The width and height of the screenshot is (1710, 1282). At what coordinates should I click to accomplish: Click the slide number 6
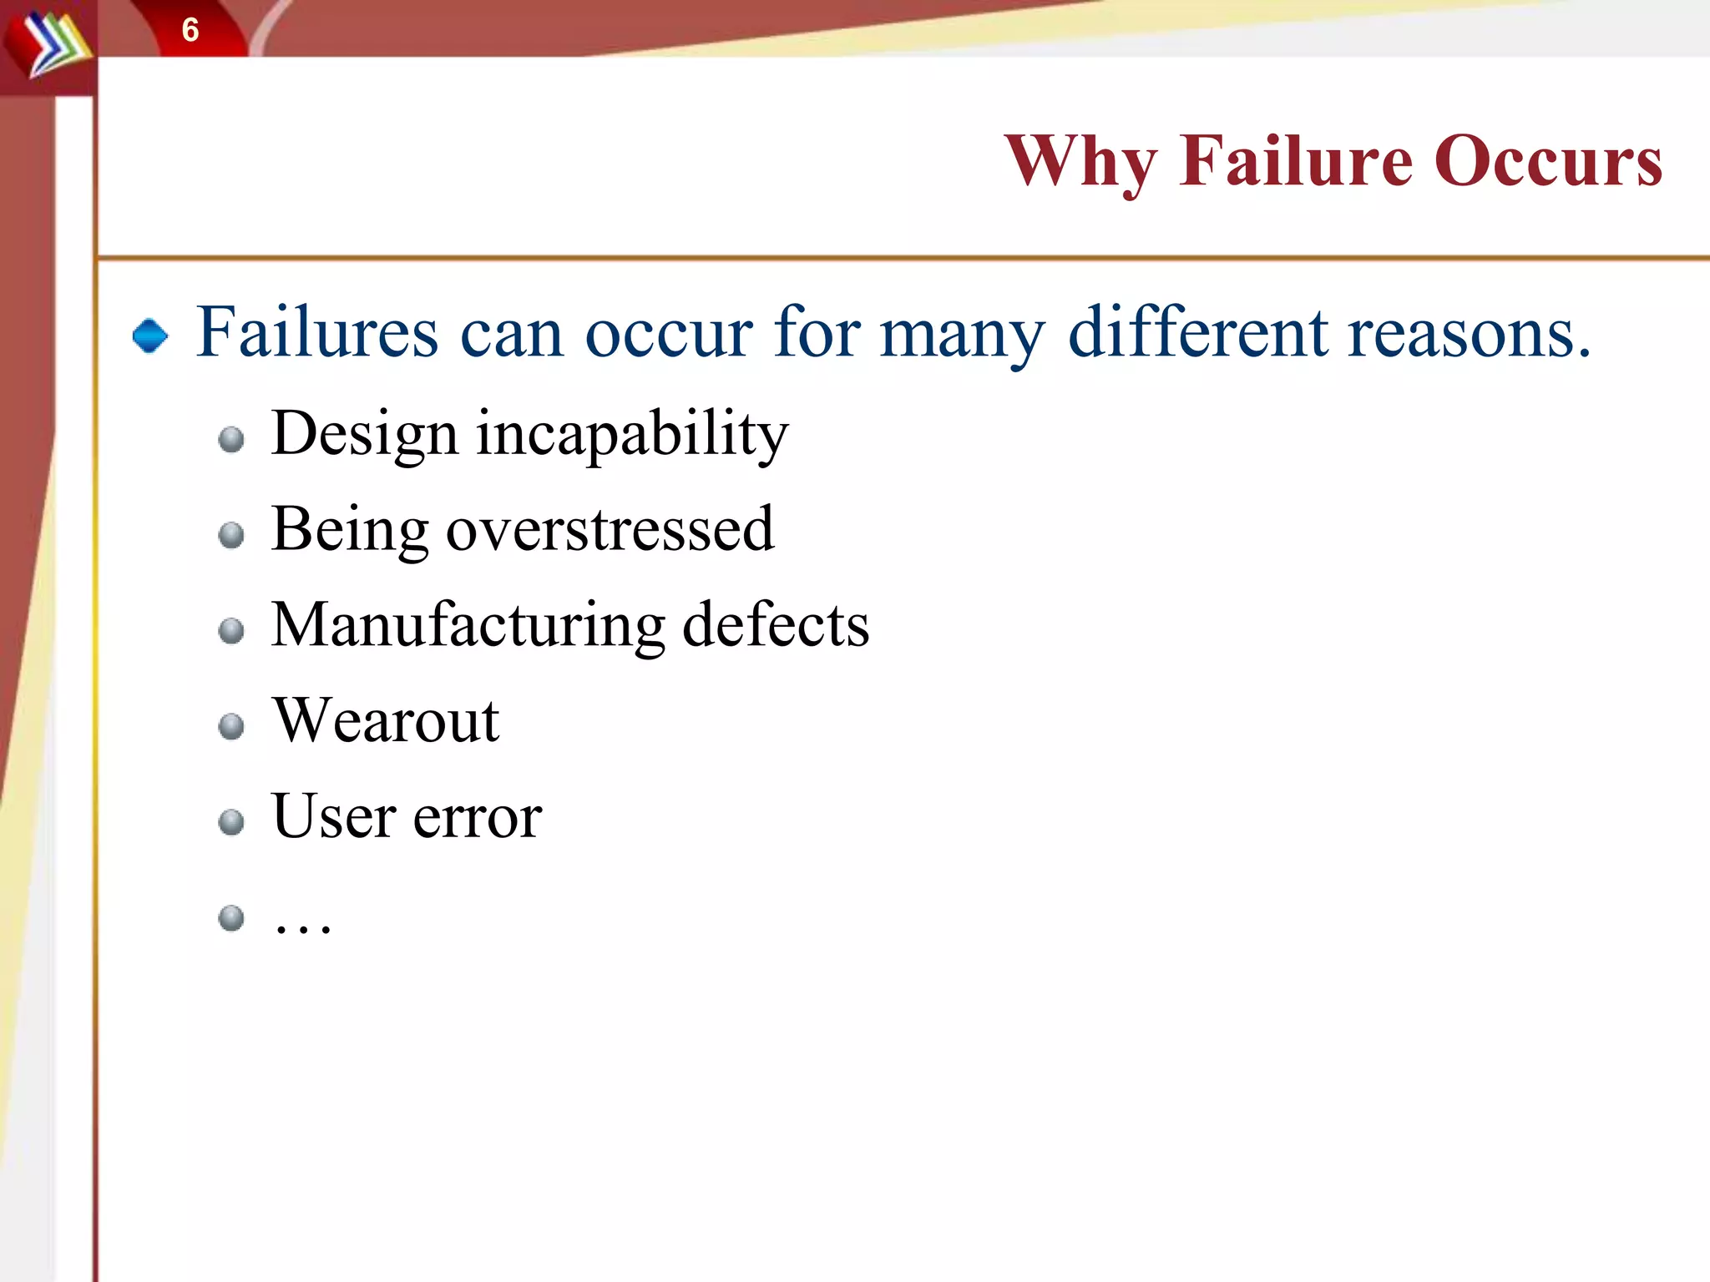tap(190, 31)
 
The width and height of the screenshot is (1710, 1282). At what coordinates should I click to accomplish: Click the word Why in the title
tap(1080, 162)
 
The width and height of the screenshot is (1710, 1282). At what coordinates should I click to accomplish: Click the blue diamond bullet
tap(150, 336)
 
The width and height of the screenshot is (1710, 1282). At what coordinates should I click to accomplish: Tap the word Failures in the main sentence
tap(317, 332)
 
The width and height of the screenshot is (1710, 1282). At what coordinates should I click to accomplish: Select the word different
tap(1199, 332)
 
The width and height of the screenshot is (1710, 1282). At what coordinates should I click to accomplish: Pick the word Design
tap(365, 434)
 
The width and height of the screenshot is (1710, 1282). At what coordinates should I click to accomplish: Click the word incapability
tap(632, 434)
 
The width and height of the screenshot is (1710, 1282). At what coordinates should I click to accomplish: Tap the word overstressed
tap(610, 530)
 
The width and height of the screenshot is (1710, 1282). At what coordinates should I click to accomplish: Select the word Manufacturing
tap(468, 626)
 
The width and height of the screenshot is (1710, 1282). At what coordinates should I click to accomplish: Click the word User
tap(334, 816)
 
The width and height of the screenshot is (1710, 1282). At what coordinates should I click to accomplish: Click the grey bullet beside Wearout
tap(231, 727)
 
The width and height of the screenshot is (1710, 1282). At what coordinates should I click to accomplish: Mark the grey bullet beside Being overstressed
tap(231, 535)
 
